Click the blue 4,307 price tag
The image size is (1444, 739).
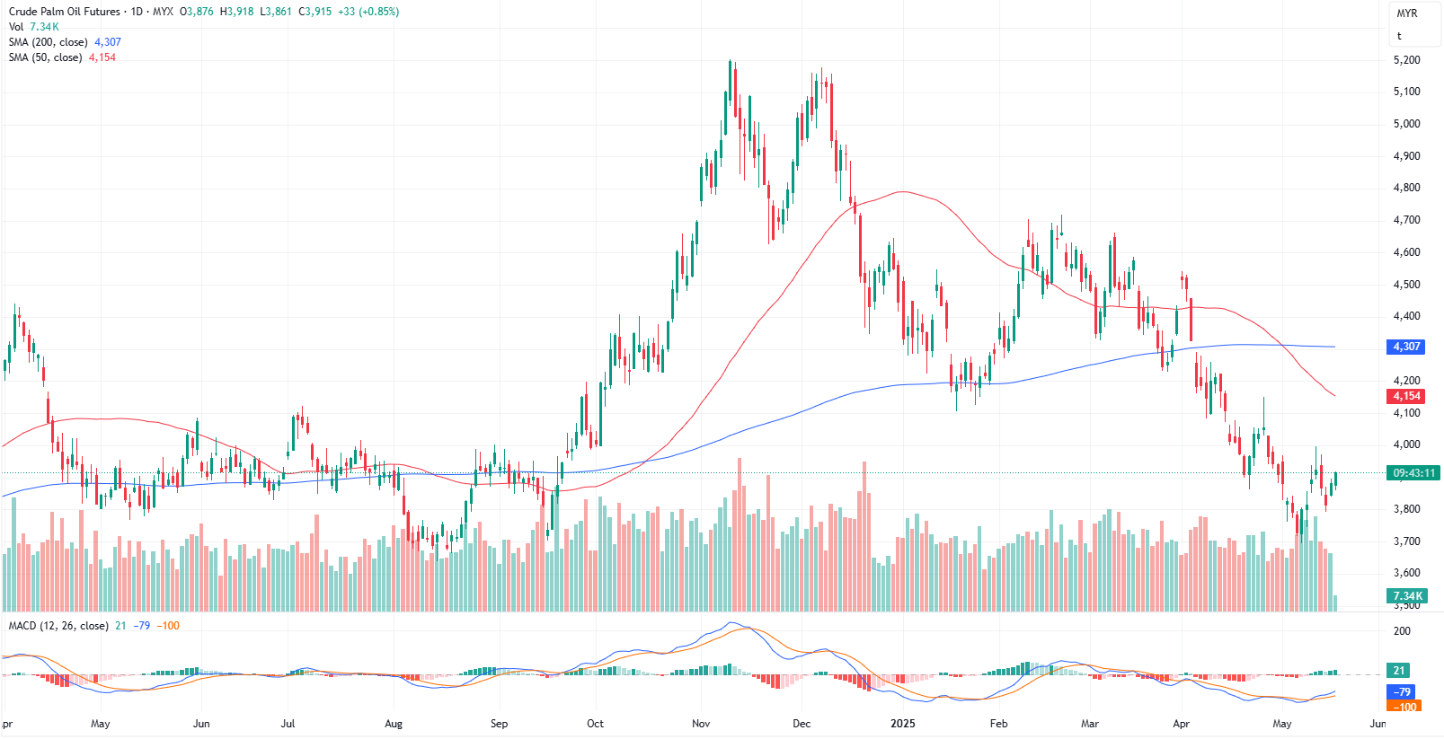pos(1406,347)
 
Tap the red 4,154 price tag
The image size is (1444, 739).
pos(1406,396)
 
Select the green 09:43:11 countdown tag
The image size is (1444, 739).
pos(1413,473)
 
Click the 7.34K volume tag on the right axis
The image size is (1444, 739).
pos(1407,596)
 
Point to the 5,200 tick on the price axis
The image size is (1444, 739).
pos(1406,60)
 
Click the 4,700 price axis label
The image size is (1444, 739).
pos(1406,220)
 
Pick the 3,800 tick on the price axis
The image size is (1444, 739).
pos(1406,509)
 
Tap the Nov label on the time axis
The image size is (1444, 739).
pos(701,724)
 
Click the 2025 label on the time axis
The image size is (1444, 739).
pos(902,724)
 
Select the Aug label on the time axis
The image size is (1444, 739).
pos(394,724)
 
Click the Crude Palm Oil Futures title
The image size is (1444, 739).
pos(64,12)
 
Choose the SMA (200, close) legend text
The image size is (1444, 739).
pos(49,42)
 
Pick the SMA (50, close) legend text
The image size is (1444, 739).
pos(45,57)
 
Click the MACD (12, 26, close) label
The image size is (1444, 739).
pos(58,626)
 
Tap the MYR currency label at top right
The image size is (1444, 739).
pos(1407,13)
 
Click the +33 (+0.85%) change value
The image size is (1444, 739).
pos(368,12)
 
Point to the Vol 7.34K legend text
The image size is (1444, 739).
pos(34,27)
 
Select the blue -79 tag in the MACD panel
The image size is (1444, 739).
pos(1402,692)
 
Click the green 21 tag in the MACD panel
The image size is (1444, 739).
pos(1399,671)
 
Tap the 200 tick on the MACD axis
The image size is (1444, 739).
pos(1402,631)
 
